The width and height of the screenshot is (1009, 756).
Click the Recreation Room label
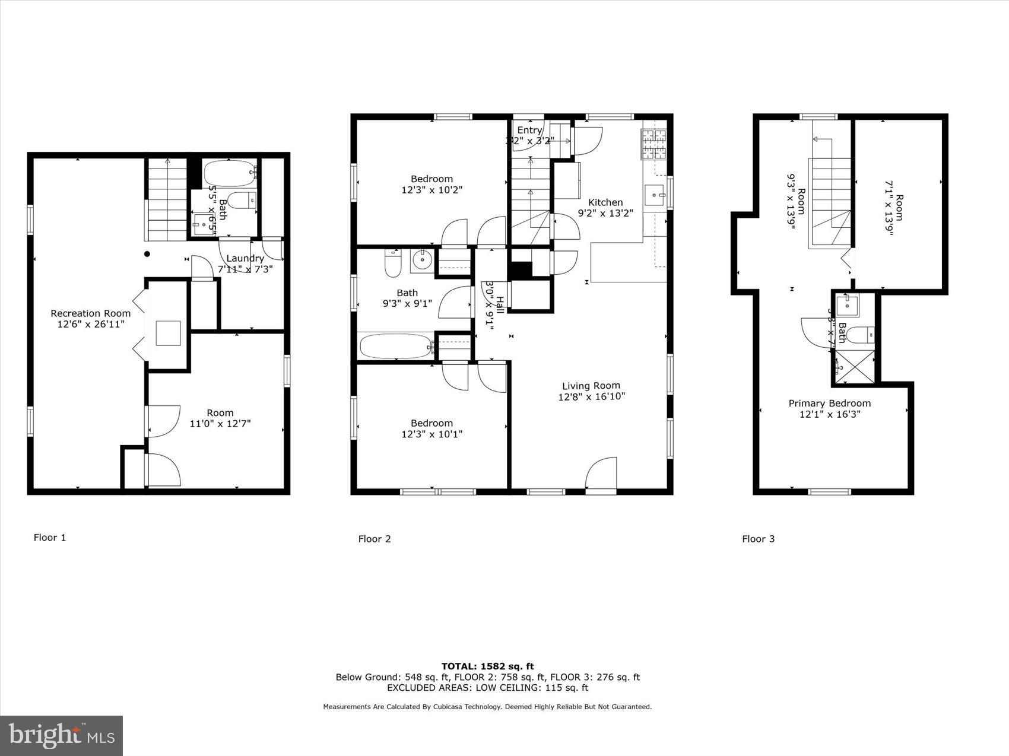[90, 313]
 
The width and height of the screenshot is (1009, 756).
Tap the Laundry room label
[245, 258]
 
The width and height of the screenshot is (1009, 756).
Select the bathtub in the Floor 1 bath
[230, 173]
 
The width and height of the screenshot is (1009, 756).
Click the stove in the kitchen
[653, 145]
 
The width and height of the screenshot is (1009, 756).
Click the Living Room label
[591, 386]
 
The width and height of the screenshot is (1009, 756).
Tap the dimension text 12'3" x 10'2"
[431, 190]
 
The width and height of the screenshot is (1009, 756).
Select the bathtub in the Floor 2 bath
[395, 346]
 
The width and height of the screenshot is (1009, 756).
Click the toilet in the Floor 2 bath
[393, 264]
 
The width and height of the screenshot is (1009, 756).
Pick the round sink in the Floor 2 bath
[422, 260]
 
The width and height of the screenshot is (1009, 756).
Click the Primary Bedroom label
[829, 403]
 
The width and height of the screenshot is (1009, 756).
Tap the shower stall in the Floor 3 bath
[855, 366]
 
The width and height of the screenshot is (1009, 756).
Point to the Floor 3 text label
[758, 539]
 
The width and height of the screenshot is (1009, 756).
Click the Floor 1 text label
[49, 538]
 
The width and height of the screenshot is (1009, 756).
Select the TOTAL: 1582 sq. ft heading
[487, 666]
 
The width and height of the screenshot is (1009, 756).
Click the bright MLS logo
[62, 736]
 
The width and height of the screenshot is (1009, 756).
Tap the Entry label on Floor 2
[529, 130]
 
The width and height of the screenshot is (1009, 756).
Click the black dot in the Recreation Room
[147, 254]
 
